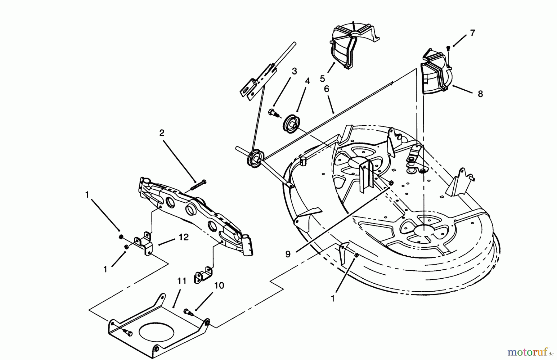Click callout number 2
click(x=162, y=133)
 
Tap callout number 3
click(x=294, y=71)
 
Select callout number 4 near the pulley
click(x=307, y=81)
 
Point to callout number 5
click(x=322, y=79)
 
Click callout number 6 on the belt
click(x=326, y=89)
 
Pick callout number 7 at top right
click(x=472, y=33)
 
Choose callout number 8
click(x=480, y=94)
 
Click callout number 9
click(x=288, y=254)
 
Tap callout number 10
click(x=219, y=285)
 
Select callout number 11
click(x=182, y=281)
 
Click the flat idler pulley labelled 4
click(x=290, y=122)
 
